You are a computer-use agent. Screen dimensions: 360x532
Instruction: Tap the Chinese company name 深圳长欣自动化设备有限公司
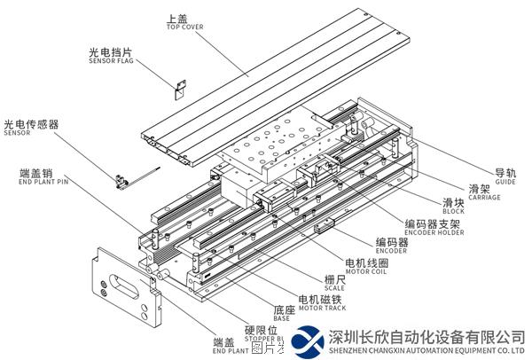tap(426, 337)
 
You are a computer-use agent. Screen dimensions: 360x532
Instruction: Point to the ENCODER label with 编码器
tap(391, 246)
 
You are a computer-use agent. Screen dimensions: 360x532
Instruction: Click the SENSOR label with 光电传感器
tap(30, 129)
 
